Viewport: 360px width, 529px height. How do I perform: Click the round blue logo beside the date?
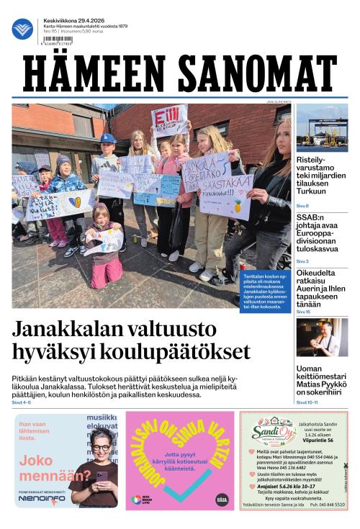coord(22,29)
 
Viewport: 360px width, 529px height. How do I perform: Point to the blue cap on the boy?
coord(108,138)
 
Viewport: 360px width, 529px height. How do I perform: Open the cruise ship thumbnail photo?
coord(322,127)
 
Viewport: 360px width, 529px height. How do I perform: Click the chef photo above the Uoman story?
coord(322,338)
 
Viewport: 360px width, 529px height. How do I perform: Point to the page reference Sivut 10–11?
coord(307,402)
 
